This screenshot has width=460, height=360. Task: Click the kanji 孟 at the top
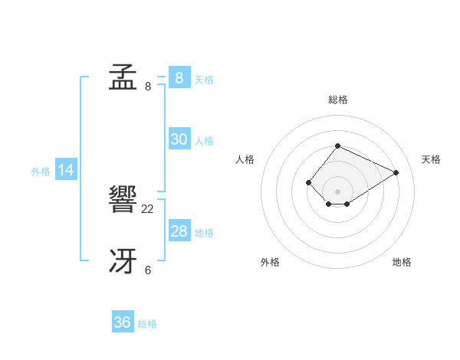[x=123, y=78]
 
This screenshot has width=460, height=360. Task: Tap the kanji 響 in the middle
[x=123, y=201]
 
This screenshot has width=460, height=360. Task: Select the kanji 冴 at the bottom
[x=123, y=263]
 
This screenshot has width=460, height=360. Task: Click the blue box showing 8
[x=179, y=78]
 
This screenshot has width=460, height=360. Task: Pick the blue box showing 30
[x=179, y=139]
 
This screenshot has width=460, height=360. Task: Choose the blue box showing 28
[x=179, y=231]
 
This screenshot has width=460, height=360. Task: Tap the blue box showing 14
[x=66, y=171]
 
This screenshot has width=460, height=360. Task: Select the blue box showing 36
[x=122, y=322]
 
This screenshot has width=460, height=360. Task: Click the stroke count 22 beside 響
[x=148, y=208]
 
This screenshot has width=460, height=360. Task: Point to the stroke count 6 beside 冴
[x=148, y=270]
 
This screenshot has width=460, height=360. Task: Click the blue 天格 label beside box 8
[x=204, y=80]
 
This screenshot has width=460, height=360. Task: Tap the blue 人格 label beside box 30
[x=204, y=141]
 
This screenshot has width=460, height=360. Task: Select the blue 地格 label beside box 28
[x=204, y=233]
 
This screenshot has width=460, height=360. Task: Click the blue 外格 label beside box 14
[x=41, y=172]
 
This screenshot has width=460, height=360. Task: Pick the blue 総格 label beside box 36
[x=147, y=324]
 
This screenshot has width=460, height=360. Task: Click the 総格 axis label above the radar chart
[x=337, y=100]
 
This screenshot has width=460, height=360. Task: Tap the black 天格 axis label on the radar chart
[x=431, y=159]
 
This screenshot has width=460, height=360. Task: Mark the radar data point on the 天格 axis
[x=396, y=172]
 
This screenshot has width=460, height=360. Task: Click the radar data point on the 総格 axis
[x=337, y=146]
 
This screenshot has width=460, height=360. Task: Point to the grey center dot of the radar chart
[x=337, y=191]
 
